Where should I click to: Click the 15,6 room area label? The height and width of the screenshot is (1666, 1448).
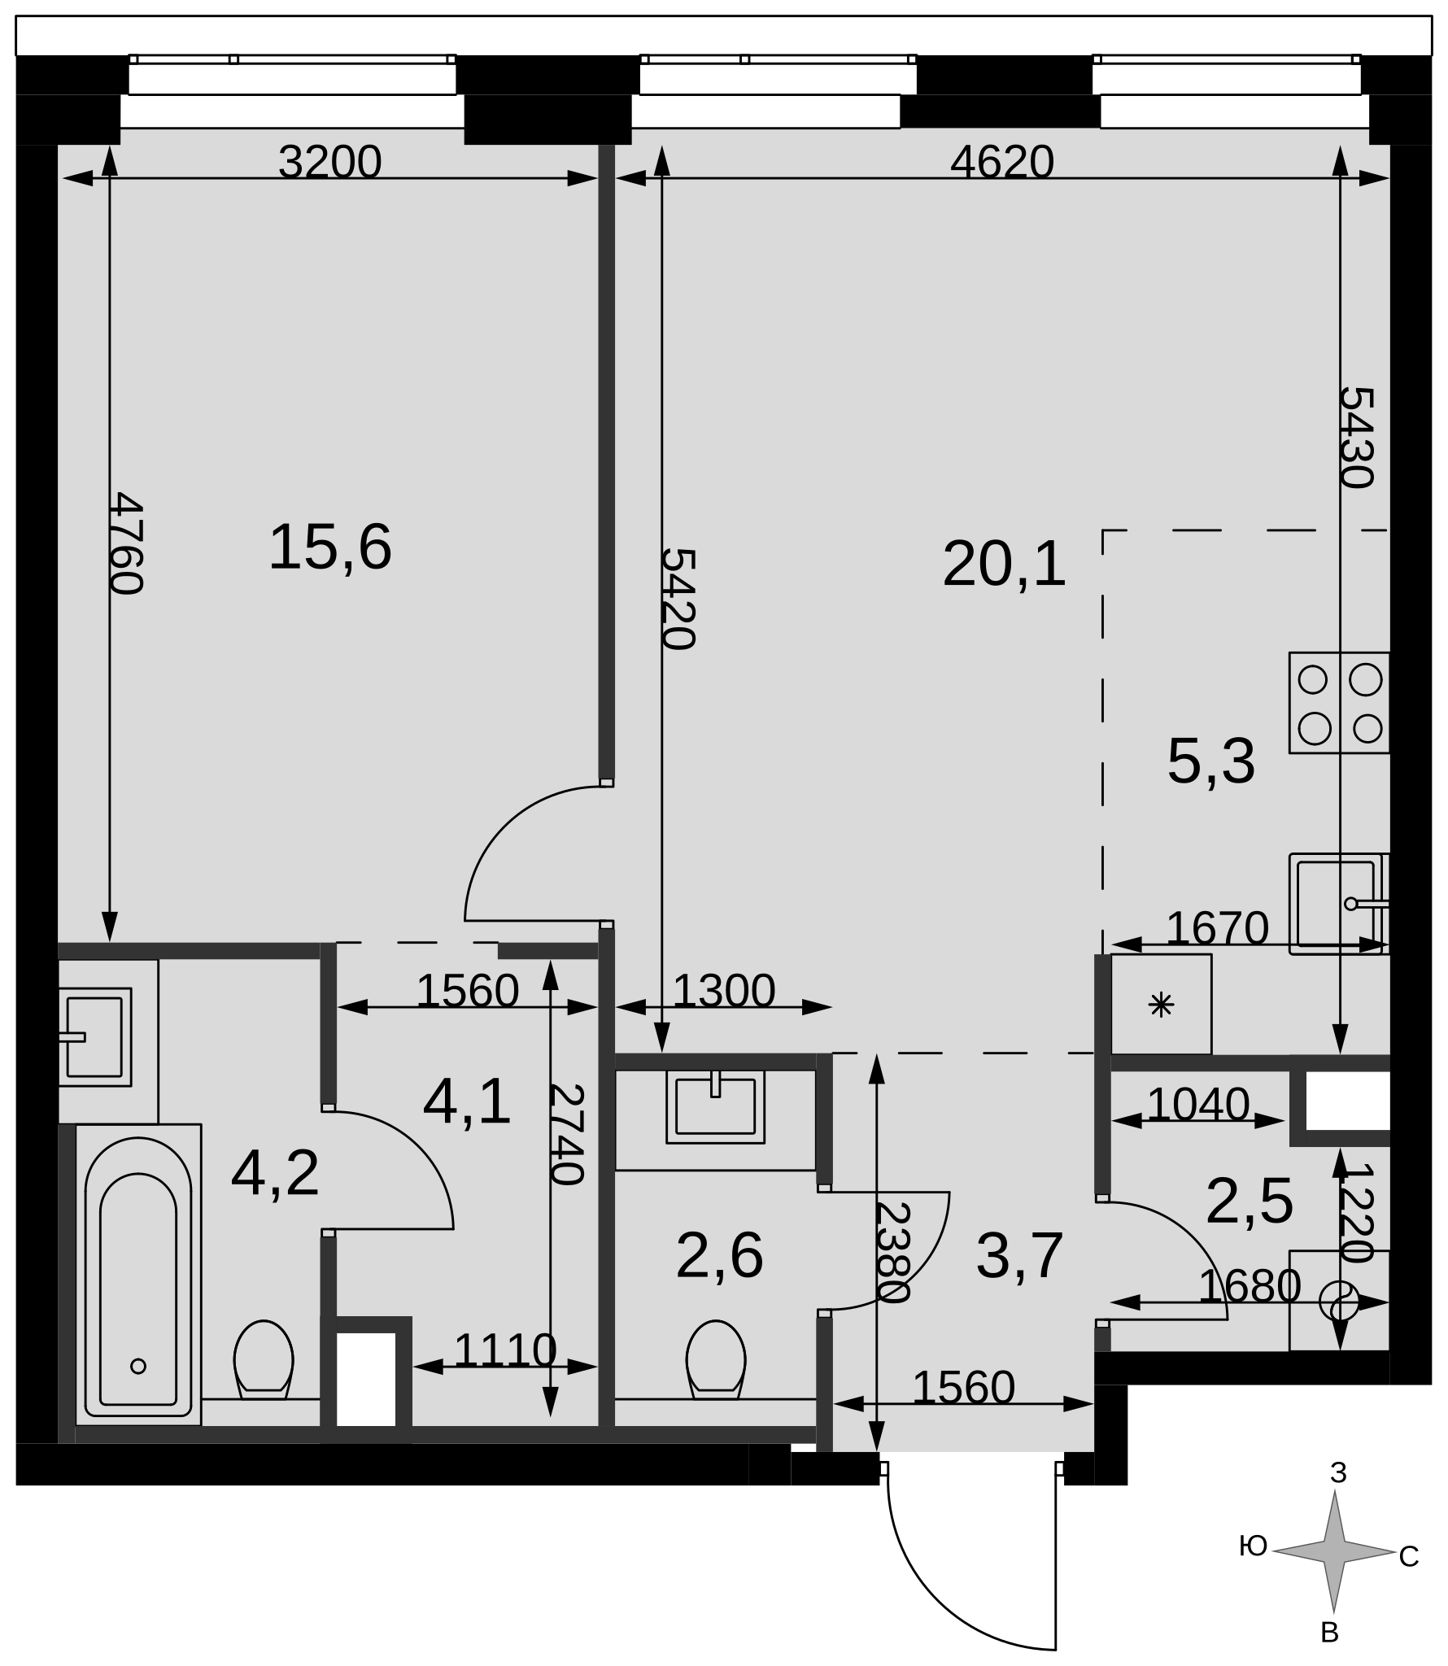coord(330,547)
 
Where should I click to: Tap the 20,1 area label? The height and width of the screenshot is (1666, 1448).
coord(1004,565)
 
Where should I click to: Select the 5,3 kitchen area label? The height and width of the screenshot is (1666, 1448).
coord(1211,762)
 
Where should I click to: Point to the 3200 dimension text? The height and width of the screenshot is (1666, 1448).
coord(329,162)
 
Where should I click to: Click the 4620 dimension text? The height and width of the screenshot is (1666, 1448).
coord(1002,162)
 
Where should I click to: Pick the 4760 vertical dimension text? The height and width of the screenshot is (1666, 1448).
coord(126,543)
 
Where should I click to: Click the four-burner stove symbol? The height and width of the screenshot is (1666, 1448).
coord(1339,703)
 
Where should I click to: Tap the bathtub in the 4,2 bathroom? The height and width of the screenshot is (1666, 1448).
coord(138,1276)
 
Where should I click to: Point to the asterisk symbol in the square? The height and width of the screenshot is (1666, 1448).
coord(1161,1006)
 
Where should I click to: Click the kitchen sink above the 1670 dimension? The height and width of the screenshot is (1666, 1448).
coord(1339,904)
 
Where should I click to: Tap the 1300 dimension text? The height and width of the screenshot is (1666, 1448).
coord(724,992)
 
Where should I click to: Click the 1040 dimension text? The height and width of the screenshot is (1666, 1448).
coord(1198,1105)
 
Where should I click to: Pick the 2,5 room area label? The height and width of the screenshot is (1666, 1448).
coord(1250,1202)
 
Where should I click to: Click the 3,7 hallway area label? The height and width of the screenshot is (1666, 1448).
coord(1020,1257)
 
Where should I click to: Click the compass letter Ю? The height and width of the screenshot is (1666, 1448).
coord(1254,1546)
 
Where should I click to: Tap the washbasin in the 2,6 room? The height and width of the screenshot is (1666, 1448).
coord(715,1106)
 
